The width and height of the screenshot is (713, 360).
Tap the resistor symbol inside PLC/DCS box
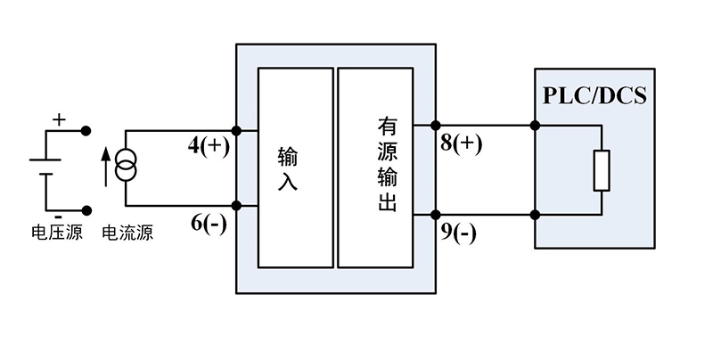602,170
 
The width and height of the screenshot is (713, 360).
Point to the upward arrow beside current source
105,166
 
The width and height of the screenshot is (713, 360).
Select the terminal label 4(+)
209,147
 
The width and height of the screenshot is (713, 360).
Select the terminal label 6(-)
209,225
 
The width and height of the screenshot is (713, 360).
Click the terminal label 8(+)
462,144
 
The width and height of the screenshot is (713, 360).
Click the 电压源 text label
56,234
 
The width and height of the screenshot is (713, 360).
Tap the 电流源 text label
127,234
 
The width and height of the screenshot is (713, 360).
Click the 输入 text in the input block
289,168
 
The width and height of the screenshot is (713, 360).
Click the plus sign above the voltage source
59,118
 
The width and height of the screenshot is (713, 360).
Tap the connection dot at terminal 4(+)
236,130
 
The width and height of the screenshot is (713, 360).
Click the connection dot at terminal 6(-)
236,206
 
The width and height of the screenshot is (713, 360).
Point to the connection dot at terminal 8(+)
436,126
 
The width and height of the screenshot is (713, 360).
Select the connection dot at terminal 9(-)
436,214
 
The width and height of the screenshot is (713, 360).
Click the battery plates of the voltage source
44,168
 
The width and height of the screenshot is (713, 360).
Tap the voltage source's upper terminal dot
86,131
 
